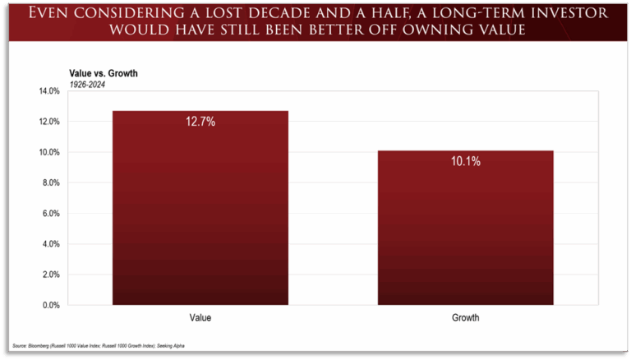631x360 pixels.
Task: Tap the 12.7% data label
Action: pos(200,121)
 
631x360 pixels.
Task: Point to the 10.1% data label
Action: pos(466,162)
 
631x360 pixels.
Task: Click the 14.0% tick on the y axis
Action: pos(48,91)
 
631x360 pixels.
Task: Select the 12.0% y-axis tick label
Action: pos(48,122)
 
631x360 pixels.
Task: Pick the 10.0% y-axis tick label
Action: pos(48,152)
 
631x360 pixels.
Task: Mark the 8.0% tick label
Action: pos(50,182)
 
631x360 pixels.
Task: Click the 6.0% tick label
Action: pos(50,213)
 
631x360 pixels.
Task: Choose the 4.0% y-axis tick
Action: pos(50,244)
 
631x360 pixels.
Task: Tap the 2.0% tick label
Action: pos(50,275)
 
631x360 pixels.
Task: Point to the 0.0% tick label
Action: pos(50,305)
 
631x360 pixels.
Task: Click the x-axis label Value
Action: pos(200,317)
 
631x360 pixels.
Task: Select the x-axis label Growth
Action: pos(466,317)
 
